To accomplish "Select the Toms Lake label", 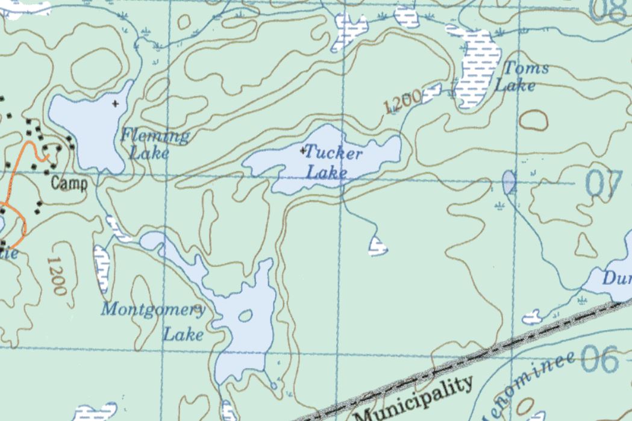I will pyautogui.click(x=521, y=76).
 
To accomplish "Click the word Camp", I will pyautogui.click(x=69, y=184).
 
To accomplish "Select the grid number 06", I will pyautogui.click(x=599, y=359).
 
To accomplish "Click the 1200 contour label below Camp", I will pyautogui.click(x=56, y=276).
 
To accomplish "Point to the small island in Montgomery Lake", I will pyautogui.click(x=245, y=315).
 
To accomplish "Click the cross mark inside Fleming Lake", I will pyautogui.click(x=115, y=104).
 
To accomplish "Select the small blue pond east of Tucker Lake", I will pyautogui.click(x=509, y=181).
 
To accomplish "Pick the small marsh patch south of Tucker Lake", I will pyautogui.click(x=378, y=246).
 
